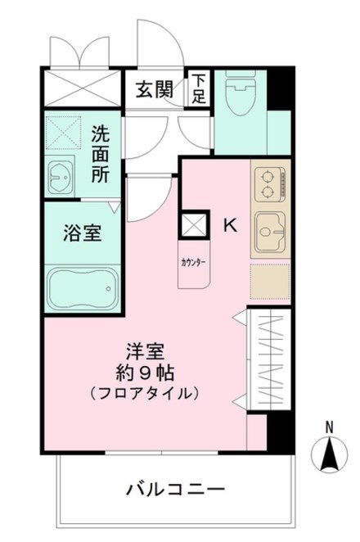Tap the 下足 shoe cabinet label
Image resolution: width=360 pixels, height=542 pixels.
click(200, 88)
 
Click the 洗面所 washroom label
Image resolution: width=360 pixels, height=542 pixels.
click(101, 153)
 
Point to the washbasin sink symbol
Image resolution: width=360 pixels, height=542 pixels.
click(61, 175)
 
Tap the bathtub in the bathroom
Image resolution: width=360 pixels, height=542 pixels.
click(82, 287)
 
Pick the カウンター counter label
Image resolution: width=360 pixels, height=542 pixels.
click(193, 263)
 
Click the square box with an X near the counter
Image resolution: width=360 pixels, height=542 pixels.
click(194, 224)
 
